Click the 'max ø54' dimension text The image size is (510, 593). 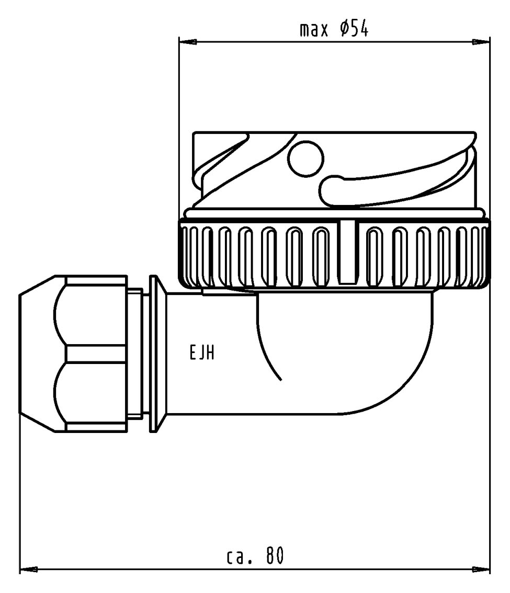tap(334, 29)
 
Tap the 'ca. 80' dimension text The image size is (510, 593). tap(255, 556)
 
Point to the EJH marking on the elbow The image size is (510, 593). tap(201, 353)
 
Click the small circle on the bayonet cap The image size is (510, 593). tap(306, 159)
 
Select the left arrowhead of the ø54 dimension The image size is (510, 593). tap(188, 42)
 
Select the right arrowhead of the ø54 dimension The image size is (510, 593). tap(481, 42)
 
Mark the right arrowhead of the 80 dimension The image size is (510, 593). tap(481, 569)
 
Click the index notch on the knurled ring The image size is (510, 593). tap(347, 252)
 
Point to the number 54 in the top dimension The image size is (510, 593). tap(359, 29)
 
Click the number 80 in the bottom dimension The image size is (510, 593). tap(275, 556)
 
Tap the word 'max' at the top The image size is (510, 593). tap(313, 30)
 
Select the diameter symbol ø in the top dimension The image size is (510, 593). tap(345, 29)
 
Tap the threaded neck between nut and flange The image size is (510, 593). tap(135, 354)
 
